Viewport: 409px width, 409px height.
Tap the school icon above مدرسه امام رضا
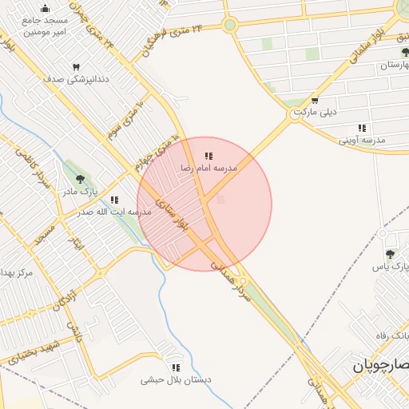208,156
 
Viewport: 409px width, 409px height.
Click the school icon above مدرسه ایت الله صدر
114,200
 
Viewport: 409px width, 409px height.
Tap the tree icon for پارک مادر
79,178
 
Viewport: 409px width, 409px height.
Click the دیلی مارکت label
315,112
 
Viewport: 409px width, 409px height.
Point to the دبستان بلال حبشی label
176,380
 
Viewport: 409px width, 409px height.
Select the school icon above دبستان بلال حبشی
176,367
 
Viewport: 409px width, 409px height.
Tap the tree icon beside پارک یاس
390,254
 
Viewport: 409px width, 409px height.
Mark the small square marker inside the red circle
220,199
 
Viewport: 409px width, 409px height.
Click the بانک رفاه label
392,335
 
